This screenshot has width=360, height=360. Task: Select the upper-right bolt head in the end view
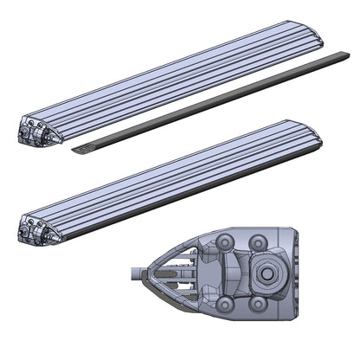(x=257, y=242)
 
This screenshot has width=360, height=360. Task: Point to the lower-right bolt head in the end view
(x=257, y=304)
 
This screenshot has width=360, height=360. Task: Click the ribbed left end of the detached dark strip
(x=80, y=150)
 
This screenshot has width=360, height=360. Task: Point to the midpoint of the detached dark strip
(x=212, y=103)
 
